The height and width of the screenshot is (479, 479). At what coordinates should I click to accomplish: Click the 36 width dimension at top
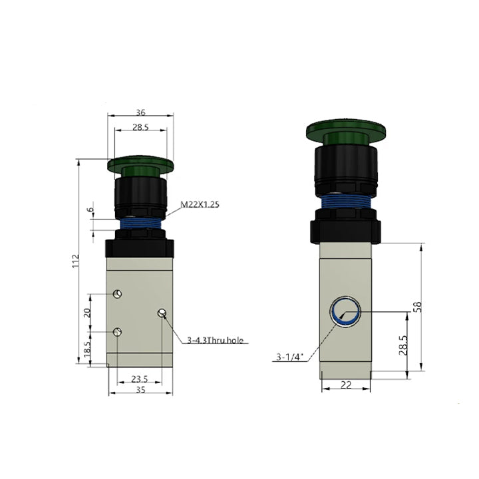click(x=140, y=112)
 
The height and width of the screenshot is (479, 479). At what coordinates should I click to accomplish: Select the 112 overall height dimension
click(x=75, y=261)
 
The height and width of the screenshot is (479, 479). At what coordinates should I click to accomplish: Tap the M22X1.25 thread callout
click(x=200, y=204)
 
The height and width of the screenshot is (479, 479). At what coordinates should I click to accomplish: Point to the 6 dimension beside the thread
click(x=90, y=210)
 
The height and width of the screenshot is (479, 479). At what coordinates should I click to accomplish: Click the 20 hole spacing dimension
click(x=87, y=313)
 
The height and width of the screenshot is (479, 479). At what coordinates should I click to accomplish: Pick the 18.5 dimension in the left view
click(x=87, y=349)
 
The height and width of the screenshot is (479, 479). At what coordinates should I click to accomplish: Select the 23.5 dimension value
click(x=140, y=379)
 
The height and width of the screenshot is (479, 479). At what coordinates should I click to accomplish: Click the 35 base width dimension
click(x=140, y=390)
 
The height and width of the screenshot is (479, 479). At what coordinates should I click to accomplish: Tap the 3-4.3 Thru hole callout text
click(x=216, y=340)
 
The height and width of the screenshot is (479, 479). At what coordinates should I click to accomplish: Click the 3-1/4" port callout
click(x=289, y=357)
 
